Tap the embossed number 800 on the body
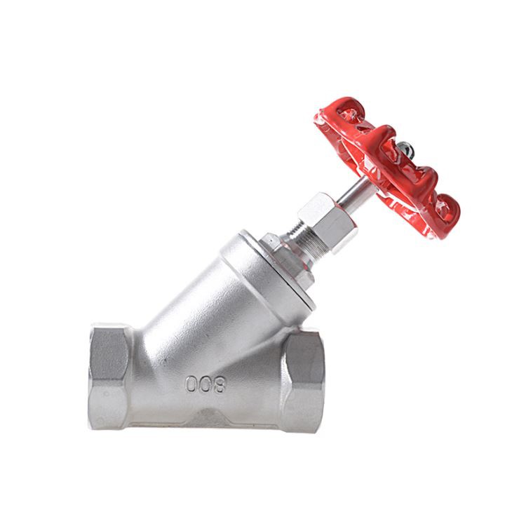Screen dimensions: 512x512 (x=205, y=384)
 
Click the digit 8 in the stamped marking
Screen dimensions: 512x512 (x=219, y=384)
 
